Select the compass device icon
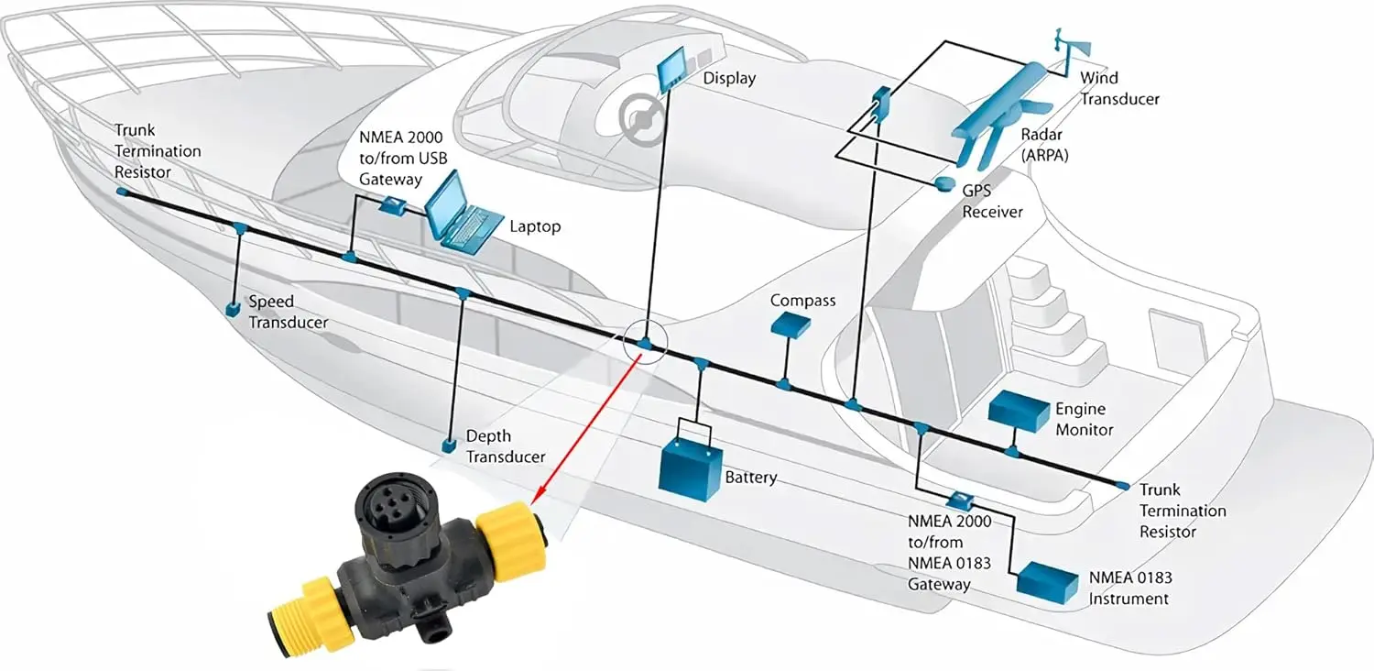coord(790,324)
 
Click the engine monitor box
coord(1018,412)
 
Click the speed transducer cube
coord(234,308)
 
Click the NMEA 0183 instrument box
coord(1047,582)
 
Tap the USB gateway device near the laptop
coord(393,204)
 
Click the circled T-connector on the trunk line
coord(645,344)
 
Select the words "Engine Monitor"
coord(1084,419)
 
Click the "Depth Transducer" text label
coord(506,446)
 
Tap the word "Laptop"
coord(535,225)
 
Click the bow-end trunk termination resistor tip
coord(121,192)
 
